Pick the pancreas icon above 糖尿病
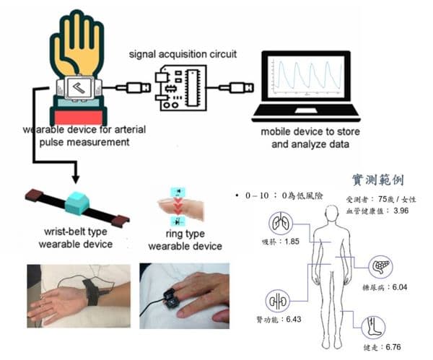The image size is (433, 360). tap(381, 267)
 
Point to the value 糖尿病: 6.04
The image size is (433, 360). tap(389, 287)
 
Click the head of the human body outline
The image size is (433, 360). tap(333, 214)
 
